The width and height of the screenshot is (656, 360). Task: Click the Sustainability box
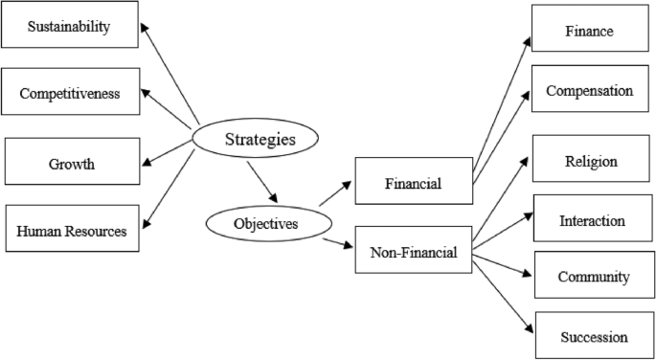(x=69, y=27)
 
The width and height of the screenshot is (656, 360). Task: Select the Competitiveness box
(x=70, y=92)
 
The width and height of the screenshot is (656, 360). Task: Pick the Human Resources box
(x=72, y=229)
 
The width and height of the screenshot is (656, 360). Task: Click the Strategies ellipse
(x=254, y=140)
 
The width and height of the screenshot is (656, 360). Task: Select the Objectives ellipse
(x=264, y=223)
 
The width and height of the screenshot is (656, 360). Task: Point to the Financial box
(x=413, y=181)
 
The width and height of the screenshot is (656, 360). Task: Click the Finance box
(x=588, y=30)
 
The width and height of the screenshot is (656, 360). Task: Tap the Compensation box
(x=588, y=90)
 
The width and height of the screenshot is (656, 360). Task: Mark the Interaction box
(x=592, y=220)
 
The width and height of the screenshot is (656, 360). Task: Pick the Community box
(x=593, y=277)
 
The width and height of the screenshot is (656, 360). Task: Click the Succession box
(x=594, y=336)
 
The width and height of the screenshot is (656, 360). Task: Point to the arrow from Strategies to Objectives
(x=260, y=182)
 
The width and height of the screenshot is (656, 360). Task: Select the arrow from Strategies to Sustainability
(x=170, y=74)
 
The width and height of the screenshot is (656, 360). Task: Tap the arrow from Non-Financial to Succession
(x=504, y=294)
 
